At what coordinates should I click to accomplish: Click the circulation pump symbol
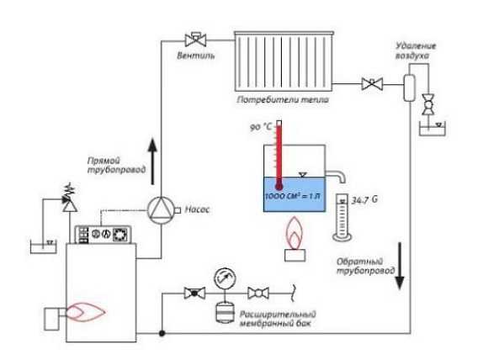click(161, 210)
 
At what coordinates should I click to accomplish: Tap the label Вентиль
click(196, 56)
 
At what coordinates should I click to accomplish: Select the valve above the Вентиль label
click(195, 39)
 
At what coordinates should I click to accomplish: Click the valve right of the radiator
click(372, 83)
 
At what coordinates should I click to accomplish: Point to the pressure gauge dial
click(225, 278)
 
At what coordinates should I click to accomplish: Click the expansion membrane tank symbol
click(225, 311)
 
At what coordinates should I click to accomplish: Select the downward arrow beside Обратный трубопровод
click(400, 266)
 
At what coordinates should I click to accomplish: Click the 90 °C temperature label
click(261, 127)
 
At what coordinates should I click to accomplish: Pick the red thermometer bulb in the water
click(279, 186)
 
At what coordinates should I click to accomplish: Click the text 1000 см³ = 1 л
click(293, 196)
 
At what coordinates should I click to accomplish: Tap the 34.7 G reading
click(364, 200)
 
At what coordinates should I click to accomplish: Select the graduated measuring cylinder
click(342, 218)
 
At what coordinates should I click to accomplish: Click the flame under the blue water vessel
click(295, 232)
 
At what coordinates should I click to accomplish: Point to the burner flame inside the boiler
click(85, 311)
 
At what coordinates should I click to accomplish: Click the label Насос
click(197, 209)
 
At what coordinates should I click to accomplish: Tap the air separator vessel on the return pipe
click(409, 87)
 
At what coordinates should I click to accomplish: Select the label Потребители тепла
click(283, 100)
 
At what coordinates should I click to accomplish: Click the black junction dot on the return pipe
click(162, 333)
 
